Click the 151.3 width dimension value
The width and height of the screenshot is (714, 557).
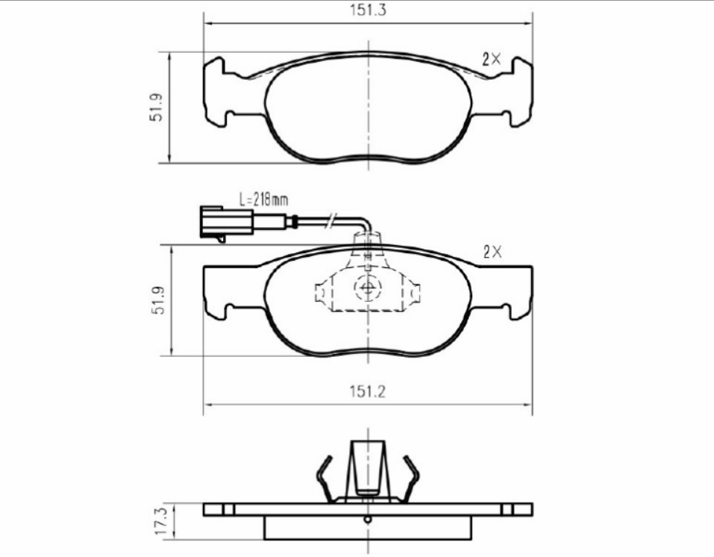[x=368, y=10]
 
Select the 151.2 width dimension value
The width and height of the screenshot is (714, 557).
[x=368, y=392]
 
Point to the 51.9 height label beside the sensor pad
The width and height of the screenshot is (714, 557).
[x=157, y=299]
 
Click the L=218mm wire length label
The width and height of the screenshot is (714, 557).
[x=263, y=199]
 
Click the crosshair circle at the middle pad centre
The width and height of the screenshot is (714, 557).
[x=368, y=288]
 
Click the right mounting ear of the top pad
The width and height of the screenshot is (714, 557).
[x=520, y=91]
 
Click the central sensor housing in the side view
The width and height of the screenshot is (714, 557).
[x=368, y=467]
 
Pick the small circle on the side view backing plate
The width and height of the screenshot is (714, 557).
[x=367, y=520]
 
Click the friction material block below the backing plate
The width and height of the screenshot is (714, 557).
[x=368, y=527]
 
